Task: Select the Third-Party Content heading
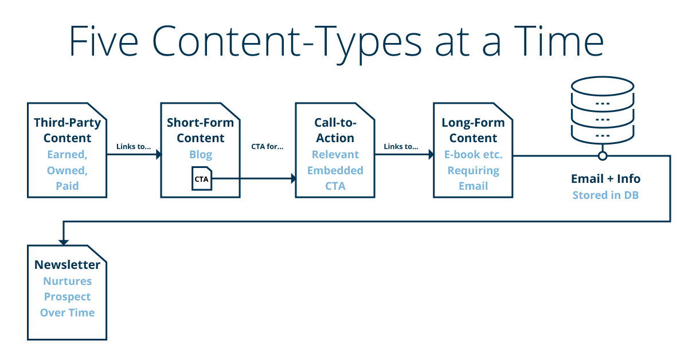(68, 130)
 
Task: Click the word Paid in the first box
(68, 186)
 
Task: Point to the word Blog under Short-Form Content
(201, 154)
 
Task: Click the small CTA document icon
(201, 179)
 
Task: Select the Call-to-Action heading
(335, 130)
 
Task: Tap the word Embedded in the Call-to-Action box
(335, 170)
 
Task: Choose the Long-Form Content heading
(473, 130)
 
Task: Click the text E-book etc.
(473, 154)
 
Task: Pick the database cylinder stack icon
(602, 112)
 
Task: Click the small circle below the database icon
(602, 155)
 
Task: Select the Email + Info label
(605, 178)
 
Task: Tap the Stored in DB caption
(605, 195)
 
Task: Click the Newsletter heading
(67, 264)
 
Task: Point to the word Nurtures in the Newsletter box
(67, 281)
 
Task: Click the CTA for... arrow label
(267, 146)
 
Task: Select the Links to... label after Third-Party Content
(133, 146)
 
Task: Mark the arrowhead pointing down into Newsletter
(62, 241)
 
